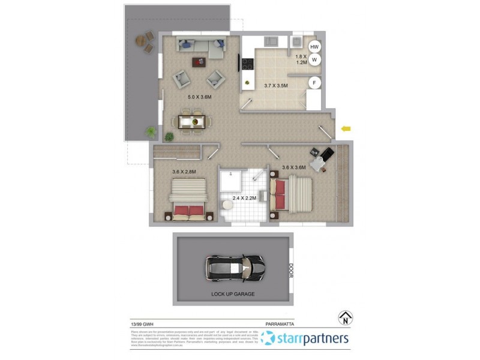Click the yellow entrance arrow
(346, 128)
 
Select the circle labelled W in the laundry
(314, 59)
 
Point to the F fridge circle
(313, 83)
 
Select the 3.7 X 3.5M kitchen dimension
(276, 86)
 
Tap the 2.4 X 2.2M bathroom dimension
(244, 197)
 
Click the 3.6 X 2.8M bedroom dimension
(184, 172)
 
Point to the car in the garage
(234, 267)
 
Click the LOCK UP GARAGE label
(233, 294)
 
